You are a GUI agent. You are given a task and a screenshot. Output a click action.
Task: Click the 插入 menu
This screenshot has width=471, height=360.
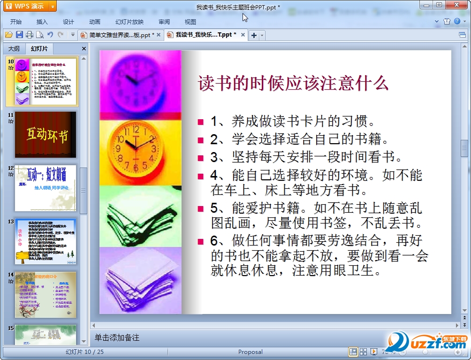tap(42, 22)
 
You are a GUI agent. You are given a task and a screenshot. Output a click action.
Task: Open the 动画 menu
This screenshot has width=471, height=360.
tap(95, 22)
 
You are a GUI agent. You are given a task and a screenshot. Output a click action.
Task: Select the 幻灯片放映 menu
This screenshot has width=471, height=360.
tap(129, 22)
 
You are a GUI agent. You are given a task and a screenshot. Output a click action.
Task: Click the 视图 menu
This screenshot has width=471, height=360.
tap(190, 22)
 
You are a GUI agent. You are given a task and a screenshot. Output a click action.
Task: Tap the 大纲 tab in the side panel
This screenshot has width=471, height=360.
tap(14, 48)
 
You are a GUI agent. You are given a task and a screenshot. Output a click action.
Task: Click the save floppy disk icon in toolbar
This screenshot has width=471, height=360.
tap(19, 35)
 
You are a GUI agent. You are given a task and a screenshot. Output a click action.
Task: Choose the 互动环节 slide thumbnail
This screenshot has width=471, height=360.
tap(46, 135)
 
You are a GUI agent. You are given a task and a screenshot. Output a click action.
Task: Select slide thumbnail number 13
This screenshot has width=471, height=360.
tap(46, 241)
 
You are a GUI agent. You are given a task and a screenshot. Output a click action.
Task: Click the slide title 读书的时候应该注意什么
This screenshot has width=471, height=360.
tap(293, 84)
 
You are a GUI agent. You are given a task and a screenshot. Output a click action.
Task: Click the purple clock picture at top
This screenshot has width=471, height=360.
tap(140, 80)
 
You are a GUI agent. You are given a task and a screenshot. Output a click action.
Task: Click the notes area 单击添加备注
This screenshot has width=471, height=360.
tap(117, 337)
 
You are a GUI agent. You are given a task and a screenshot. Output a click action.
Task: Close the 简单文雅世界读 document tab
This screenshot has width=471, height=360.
tap(159, 35)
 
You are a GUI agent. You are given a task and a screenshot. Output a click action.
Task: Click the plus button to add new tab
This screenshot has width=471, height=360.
tap(254, 35)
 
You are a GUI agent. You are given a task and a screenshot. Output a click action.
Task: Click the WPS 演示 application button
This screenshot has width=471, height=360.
tap(28, 6)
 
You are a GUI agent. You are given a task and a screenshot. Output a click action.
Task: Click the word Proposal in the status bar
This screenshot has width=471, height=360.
tap(251, 352)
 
